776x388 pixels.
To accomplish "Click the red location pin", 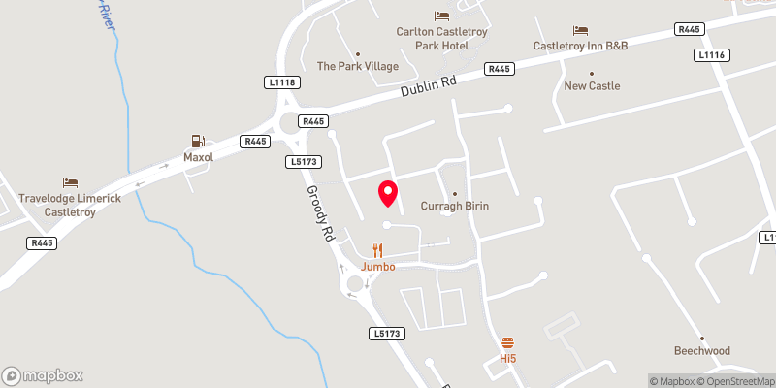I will (x=388, y=192).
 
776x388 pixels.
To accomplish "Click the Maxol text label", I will (x=200, y=156).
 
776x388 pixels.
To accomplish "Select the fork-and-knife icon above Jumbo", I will (x=378, y=250).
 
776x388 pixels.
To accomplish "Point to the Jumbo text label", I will (x=378, y=266).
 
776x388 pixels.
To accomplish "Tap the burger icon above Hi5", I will (x=507, y=342).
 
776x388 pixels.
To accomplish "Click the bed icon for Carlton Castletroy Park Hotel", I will (x=441, y=16).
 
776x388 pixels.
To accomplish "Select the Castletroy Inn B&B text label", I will (x=580, y=46).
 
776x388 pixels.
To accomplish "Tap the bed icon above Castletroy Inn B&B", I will (x=580, y=30).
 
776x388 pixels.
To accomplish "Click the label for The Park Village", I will (x=358, y=66).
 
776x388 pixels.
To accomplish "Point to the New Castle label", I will (x=592, y=85).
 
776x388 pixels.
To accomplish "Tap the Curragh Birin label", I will (x=454, y=206).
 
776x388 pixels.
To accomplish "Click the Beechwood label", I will (x=702, y=350).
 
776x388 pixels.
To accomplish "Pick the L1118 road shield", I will (x=282, y=82).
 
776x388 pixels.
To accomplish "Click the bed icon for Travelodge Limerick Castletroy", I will (x=70, y=182).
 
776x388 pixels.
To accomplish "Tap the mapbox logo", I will (x=43, y=375).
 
